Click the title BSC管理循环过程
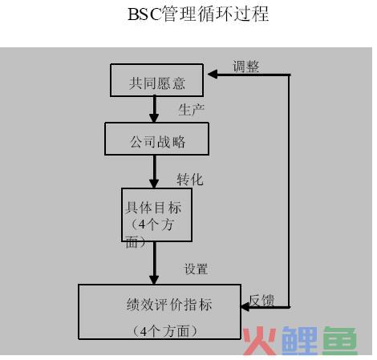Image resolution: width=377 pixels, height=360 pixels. [198, 14]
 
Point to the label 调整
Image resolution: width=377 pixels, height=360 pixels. [245, 67]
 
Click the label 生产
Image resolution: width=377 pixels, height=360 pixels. [192, 110]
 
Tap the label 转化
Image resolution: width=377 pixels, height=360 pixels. [190, 180]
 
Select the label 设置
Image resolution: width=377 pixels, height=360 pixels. [196, 269]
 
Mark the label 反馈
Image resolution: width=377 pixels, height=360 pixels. [261, 300]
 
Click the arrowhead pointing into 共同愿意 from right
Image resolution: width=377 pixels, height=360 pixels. [213, 75]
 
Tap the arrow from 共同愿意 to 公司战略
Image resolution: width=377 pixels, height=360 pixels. [154, 109]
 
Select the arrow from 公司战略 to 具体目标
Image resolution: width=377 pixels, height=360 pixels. [154, 172]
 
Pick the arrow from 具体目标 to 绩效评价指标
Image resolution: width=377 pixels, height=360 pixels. [154, 263]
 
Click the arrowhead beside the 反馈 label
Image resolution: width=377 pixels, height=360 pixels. [245, 307]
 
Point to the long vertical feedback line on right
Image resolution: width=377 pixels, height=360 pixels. [289, 191]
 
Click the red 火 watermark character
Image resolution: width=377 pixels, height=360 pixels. [260, 341]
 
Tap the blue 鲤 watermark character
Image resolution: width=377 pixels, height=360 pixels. [299, 341]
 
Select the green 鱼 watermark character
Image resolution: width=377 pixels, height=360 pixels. [340, 341]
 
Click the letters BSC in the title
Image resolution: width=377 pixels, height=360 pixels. [144, 14]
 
